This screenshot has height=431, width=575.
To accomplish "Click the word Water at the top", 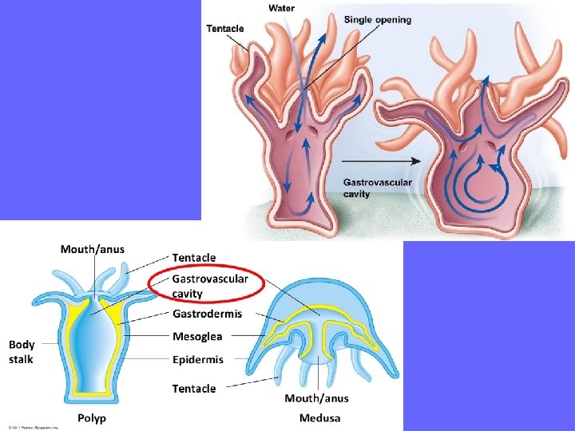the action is click(281, 8).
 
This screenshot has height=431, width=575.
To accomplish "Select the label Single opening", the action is click(378, 19).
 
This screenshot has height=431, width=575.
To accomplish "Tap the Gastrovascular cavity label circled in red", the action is click(210, 286).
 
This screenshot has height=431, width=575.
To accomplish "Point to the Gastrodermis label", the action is click(207, 314).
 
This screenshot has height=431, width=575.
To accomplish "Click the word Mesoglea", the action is click(197, 336).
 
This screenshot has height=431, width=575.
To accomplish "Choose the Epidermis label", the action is click(198, 359).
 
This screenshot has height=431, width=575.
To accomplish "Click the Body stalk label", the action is click(22, 352).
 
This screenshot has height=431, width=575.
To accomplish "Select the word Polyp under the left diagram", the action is click(92, 418).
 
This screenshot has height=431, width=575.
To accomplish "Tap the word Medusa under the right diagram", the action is click(319, 418).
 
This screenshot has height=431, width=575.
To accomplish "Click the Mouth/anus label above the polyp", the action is click(93, 249).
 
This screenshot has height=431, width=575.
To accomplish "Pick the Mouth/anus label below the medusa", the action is click(316, 398).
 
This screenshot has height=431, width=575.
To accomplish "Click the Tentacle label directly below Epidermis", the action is click(194, 389).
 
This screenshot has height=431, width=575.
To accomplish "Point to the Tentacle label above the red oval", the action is click(194, 257).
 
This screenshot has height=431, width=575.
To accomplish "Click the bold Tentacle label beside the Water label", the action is click(225, 29).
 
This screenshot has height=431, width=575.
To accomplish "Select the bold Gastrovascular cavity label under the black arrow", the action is click(377, 188).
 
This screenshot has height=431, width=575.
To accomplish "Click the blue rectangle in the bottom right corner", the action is click(489, 335).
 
